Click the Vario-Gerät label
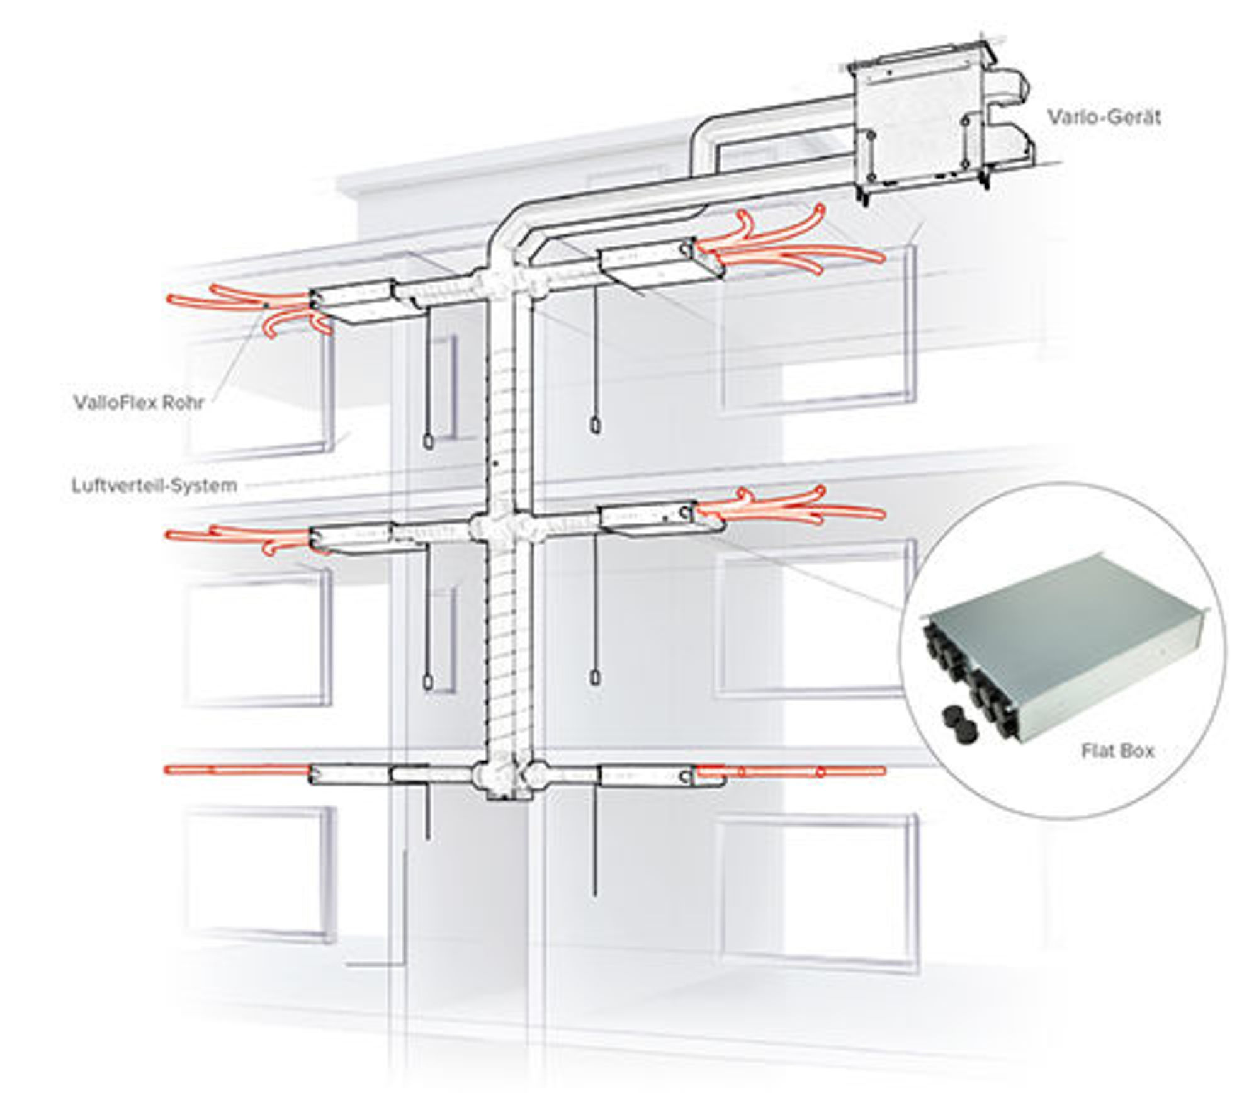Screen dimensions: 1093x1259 click(1104, 117)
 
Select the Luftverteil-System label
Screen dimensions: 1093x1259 click(154, 485)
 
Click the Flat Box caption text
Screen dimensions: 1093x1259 click(1117, 751)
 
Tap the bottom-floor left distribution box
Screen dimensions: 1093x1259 click(349, 774)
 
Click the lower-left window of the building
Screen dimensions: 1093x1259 click(258, 875)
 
